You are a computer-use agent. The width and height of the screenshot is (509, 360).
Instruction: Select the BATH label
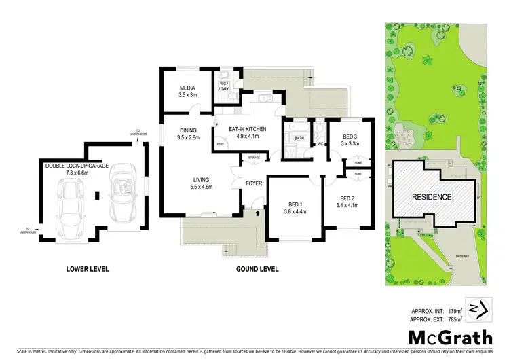[x=299, y=139]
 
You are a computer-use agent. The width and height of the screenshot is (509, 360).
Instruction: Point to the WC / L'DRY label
[x=223, y=88]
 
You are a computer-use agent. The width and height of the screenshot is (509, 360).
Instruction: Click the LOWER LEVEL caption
[x=88, y=269]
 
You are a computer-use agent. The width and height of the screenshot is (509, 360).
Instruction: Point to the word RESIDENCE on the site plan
[x=432, y=197]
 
